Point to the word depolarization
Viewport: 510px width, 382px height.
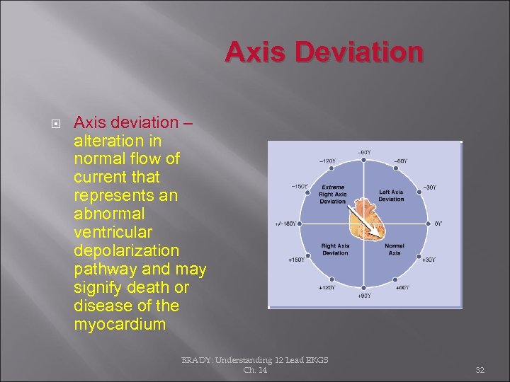126,250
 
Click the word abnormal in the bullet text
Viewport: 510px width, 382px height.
109,214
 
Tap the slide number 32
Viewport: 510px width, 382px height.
480,369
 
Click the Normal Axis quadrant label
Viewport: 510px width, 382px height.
395,249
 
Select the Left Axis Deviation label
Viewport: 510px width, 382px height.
391,195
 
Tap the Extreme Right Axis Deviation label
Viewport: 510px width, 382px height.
332,194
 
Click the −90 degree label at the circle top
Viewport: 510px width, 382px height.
364,152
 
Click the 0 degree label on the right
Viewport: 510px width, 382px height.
438,224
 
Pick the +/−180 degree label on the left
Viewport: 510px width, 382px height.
286,224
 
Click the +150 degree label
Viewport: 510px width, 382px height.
296,260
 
